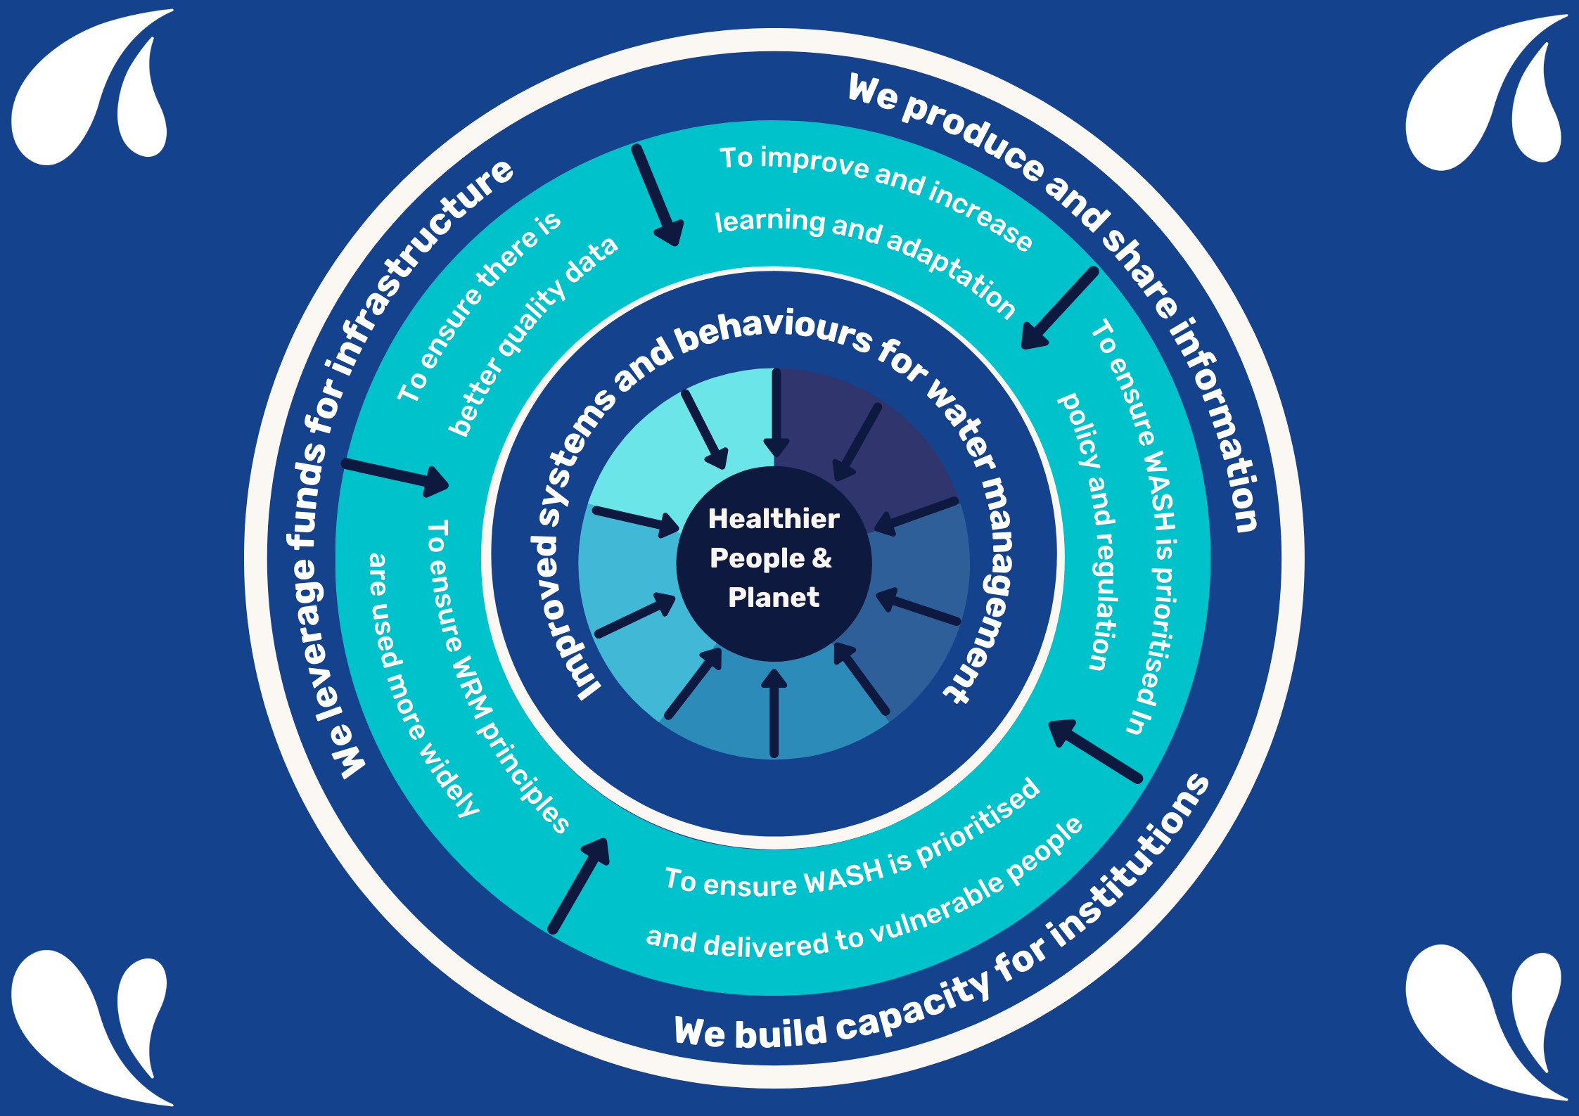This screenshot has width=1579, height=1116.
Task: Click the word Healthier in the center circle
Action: coord(774,519)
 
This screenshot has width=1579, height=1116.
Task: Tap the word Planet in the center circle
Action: coord(774,598)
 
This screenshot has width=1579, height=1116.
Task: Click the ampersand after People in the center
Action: coord(822,558)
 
